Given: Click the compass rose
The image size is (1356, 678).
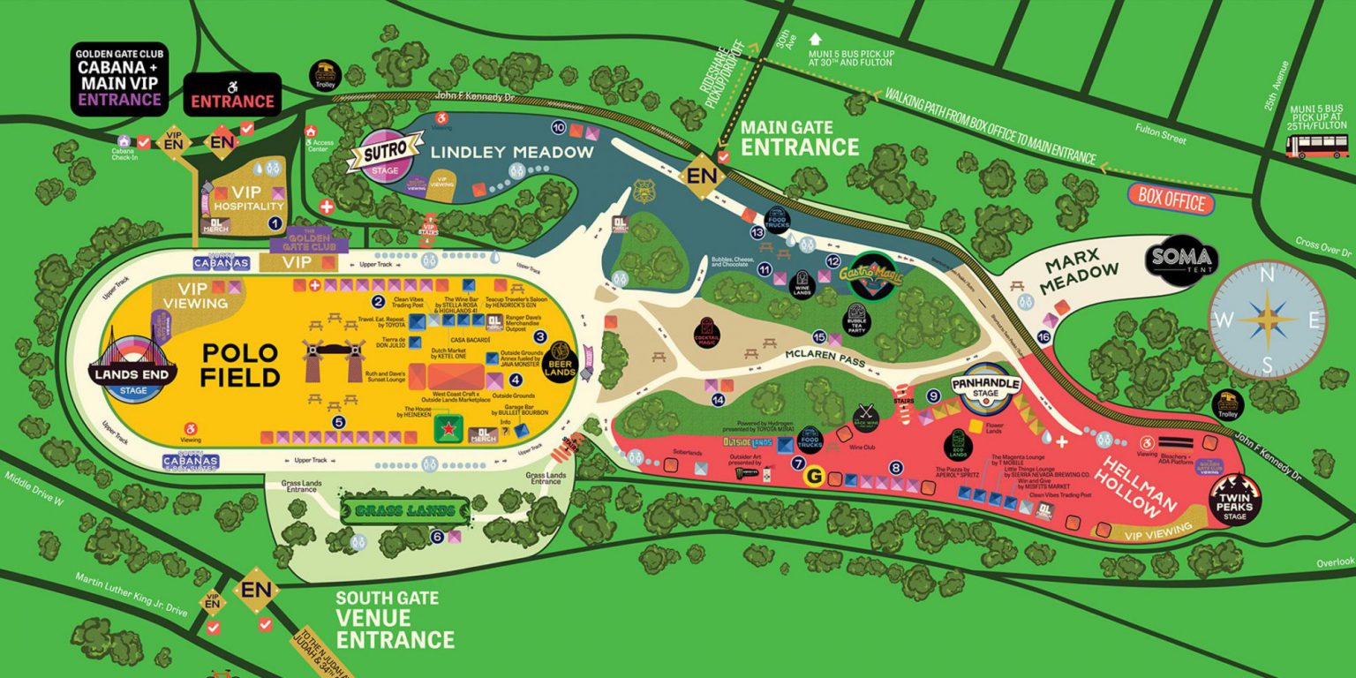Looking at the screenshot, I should coord(1267,319).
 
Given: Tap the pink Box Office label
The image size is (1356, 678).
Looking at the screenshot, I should coord(1171,200).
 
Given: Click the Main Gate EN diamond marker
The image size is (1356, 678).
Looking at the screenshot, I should coord(703,174).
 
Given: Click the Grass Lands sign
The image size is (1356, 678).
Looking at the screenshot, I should coord(405,510).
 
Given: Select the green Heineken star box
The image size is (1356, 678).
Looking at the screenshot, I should coord(448,429).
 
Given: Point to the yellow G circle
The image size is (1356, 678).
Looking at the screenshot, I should coord(814,478).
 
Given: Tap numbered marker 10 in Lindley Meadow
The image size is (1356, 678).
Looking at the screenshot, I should coord(558,126).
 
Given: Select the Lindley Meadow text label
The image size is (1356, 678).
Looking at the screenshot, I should coord(512,153).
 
